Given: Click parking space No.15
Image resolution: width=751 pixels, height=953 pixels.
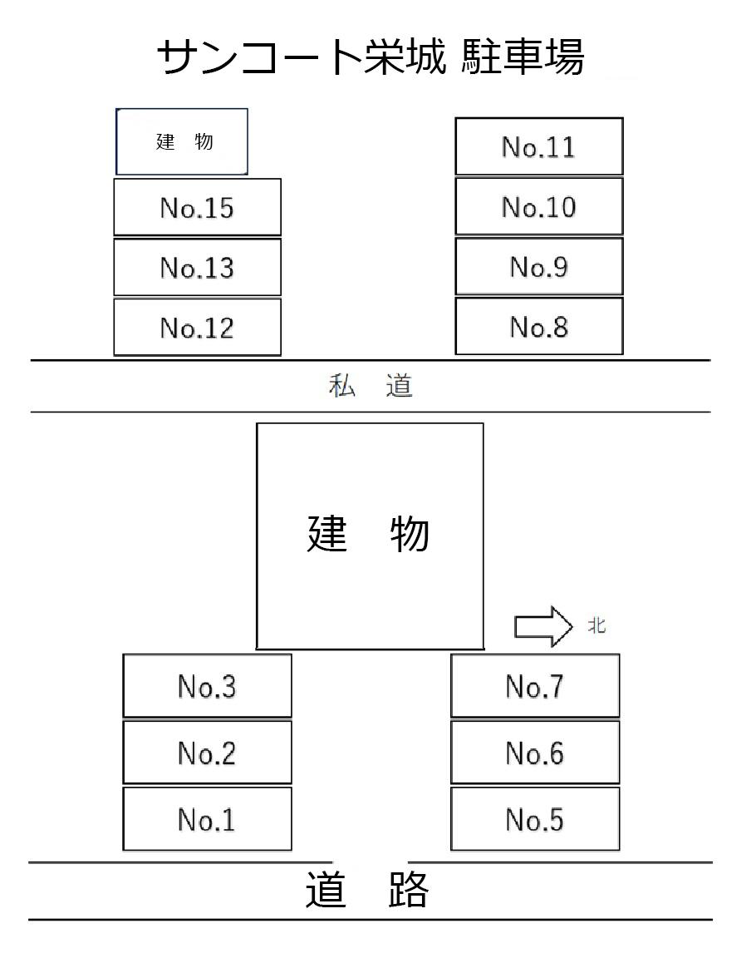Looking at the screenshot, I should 197,207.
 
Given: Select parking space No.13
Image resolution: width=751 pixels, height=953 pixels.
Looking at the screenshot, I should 197,267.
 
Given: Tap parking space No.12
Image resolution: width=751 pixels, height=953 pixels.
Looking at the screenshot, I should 197,327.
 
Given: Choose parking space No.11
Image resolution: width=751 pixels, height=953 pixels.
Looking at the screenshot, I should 538,146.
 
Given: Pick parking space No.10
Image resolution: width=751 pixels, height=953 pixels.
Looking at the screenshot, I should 538,206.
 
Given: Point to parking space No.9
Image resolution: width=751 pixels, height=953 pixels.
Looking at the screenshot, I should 538,266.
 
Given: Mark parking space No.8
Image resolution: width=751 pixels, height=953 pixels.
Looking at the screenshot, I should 538,326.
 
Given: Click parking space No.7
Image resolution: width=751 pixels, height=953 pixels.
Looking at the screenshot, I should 535,686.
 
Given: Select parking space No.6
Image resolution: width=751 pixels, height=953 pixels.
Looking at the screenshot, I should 535,753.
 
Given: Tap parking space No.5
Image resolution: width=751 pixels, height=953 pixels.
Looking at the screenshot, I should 535,819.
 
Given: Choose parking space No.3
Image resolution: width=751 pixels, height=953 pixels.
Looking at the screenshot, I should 207,686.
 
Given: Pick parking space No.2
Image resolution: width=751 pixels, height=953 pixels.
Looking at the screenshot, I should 207,753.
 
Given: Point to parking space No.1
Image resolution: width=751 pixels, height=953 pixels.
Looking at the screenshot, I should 207,819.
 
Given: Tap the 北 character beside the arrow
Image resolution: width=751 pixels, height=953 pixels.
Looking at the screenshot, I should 596,626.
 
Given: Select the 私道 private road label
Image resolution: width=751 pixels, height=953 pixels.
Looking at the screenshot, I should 371,387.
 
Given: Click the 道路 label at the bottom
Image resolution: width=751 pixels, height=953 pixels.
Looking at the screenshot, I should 367,891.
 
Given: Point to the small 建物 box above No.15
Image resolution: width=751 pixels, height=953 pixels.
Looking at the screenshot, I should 182,141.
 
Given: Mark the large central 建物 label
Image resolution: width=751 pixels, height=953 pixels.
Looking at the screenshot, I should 369,534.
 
